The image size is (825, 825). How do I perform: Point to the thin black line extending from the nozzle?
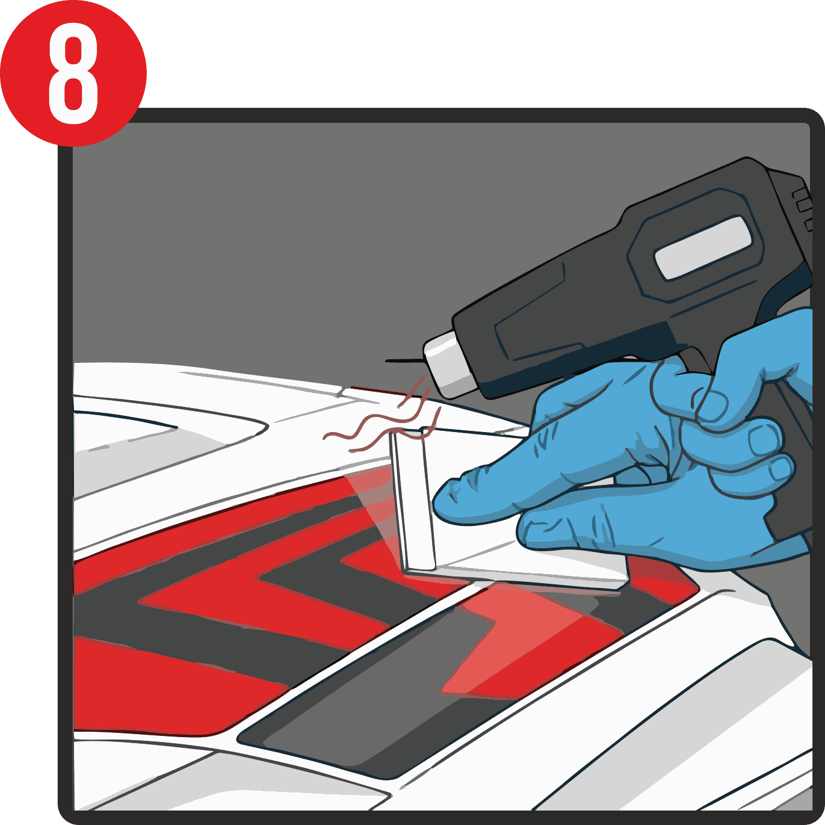(x=404, y=361)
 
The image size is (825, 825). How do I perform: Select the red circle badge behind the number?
(x=73, y=73)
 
